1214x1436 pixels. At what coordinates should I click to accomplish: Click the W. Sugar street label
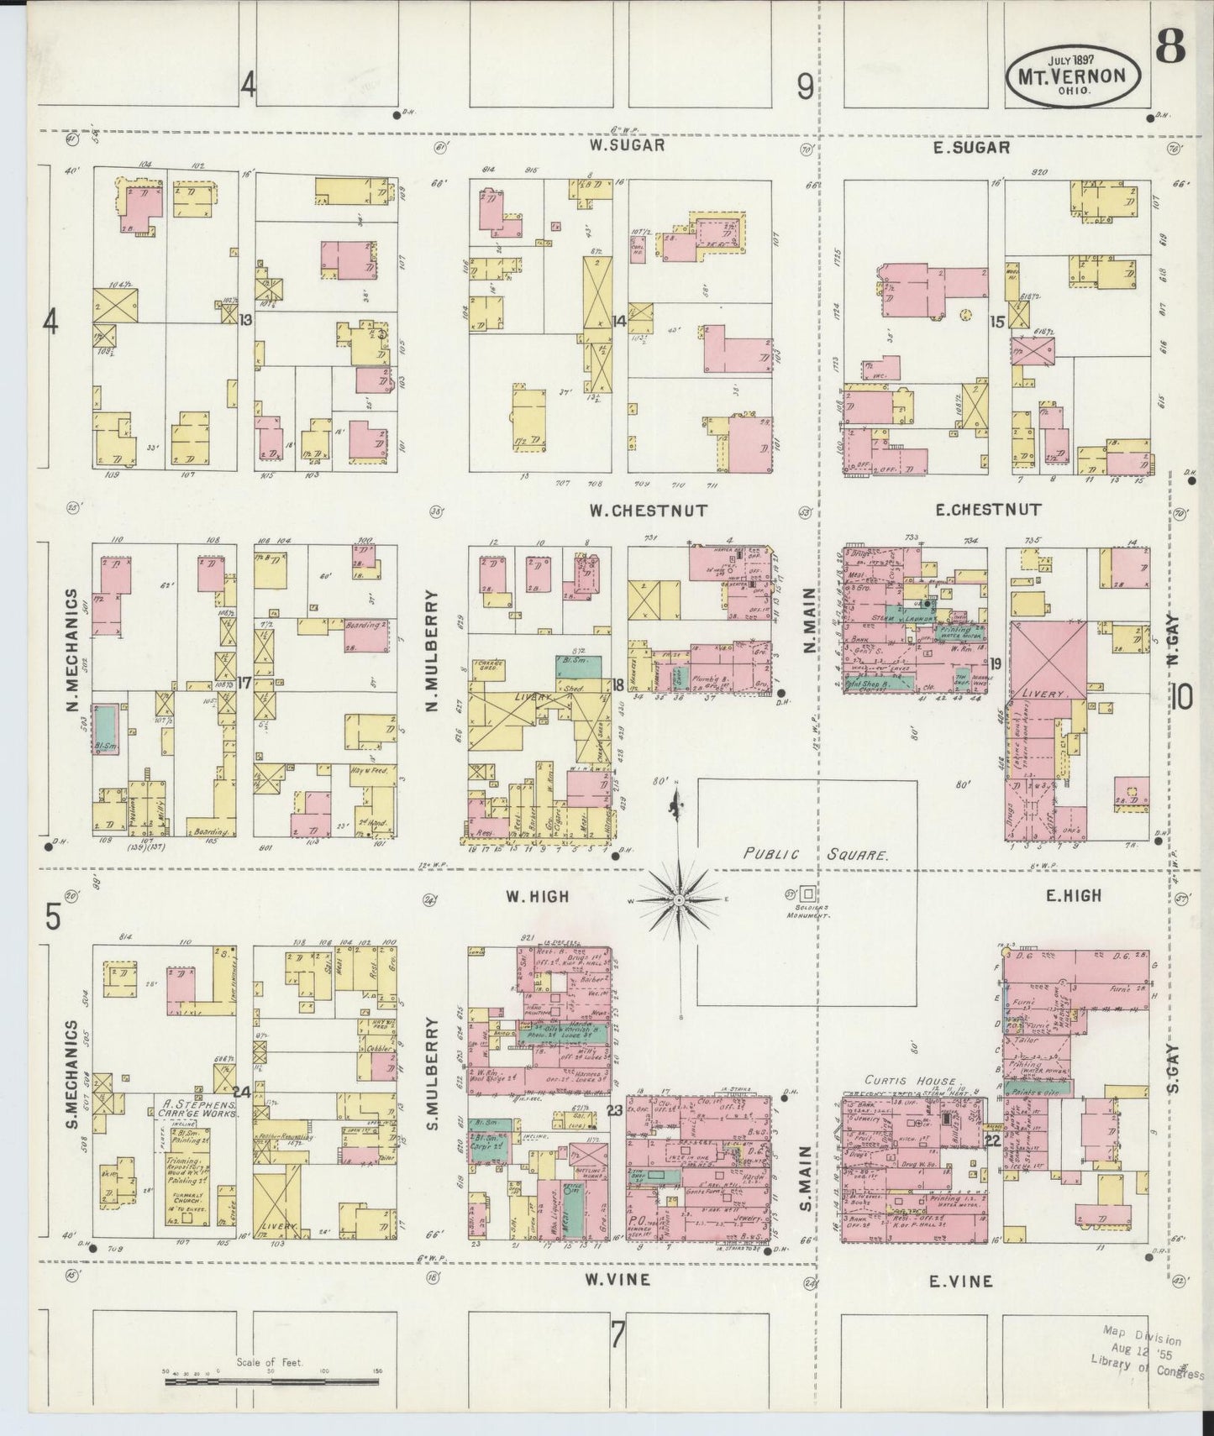(627, 145)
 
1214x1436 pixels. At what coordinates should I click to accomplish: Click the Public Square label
(816, 855)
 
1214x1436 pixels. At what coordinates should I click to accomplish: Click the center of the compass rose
(678, 899)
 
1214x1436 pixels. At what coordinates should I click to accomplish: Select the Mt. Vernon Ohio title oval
(1073, 73)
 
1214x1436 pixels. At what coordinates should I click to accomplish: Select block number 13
(245, 320)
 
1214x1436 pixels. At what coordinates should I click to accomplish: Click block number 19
(996, 663)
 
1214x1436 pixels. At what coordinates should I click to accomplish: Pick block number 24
(244, 1092)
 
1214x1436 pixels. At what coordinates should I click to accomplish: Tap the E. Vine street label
(960, 1281)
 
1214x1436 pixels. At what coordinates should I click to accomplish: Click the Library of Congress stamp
(1145, 1359)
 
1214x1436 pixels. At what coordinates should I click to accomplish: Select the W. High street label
(537, 897)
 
